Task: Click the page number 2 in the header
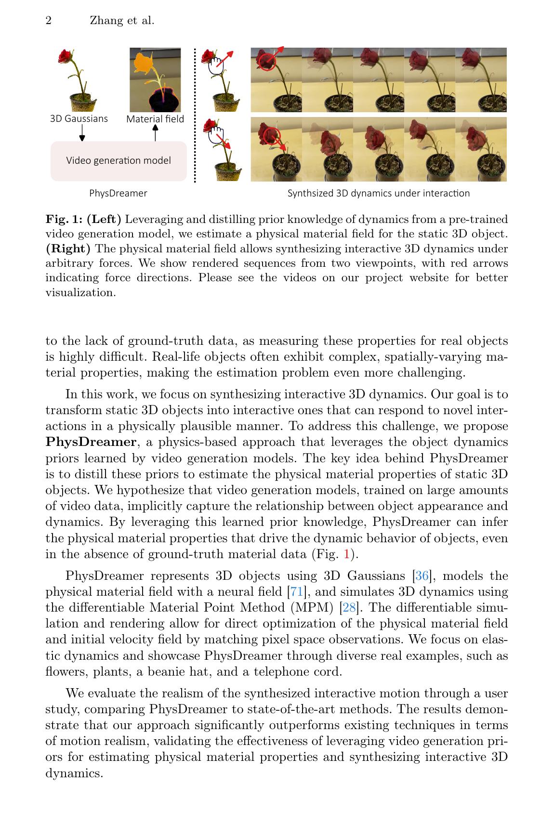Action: pos(49,21)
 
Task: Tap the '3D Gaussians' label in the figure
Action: pos(79,118)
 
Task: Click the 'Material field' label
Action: pos(155,118)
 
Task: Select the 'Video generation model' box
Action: pos(119,161)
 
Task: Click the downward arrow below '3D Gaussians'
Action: pos(82,133)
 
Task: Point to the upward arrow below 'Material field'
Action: pos(155,132)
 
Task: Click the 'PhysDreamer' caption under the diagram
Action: pos(118,193)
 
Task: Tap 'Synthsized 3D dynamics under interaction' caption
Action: pos(378,193)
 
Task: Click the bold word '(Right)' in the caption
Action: pos(68,249)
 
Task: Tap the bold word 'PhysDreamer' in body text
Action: pos(91,442)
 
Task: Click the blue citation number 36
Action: pos(422,576)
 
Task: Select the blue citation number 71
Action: pos(296,592)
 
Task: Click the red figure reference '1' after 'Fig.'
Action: pos(346,554)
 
